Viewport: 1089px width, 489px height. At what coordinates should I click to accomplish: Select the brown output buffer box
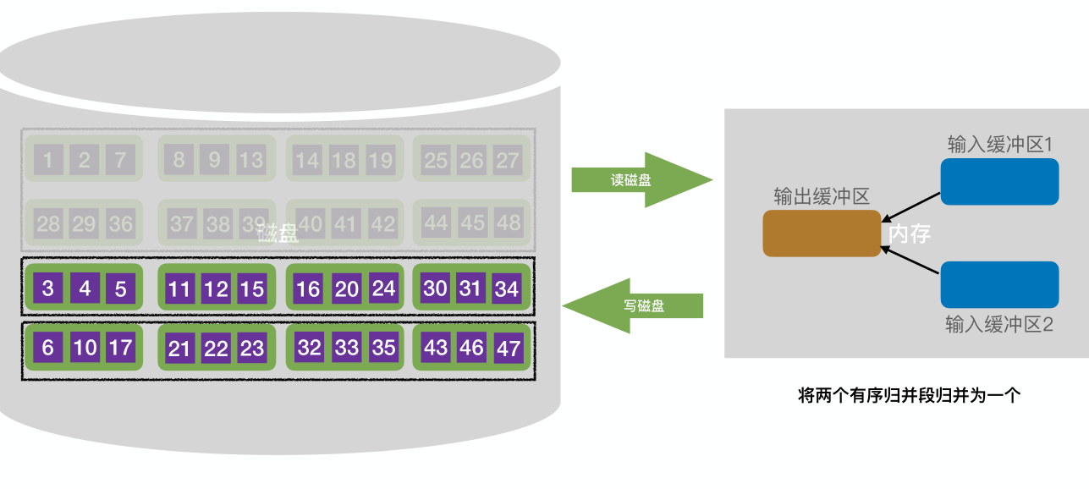tap(822, 233)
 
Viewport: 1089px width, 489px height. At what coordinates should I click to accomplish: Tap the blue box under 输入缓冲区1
tap(999, 181)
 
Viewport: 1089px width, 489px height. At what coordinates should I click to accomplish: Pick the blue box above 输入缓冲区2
tap(999, 284)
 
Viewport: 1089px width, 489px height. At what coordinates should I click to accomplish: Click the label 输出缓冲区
tap(822, 197)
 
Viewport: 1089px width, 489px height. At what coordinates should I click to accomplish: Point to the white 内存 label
tap(910, 234)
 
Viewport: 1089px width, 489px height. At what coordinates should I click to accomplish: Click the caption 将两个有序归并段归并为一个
tap(910, 395)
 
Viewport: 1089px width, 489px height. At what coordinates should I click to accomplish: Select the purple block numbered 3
tap(47, 288)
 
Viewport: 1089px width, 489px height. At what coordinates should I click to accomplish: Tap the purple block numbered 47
tap(508, 348)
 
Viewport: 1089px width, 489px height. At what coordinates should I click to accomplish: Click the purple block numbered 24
tap(383, 288)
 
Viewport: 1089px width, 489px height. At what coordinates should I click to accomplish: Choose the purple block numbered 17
tap(120, 348)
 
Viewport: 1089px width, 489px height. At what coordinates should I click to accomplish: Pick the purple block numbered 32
tap(310, 348)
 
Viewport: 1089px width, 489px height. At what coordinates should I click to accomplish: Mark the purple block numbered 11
tap(179, 289)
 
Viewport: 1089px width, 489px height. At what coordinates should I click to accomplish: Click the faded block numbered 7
tap(120, 159)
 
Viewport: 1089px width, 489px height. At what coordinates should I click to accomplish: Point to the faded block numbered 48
tap(508, 223)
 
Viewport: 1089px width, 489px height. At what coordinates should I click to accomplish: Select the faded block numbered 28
tap(48, 223)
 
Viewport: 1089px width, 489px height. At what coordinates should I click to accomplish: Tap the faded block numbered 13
tap(250, 159)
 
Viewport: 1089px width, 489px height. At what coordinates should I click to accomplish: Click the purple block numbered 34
tap(507, 288)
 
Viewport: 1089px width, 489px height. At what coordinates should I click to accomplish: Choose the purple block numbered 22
tap(216, 349)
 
